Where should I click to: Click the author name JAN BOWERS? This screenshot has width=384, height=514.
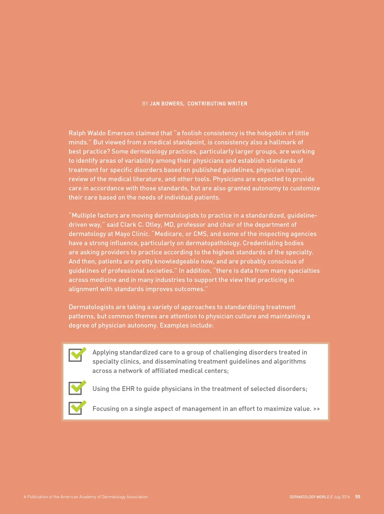coord(166,104)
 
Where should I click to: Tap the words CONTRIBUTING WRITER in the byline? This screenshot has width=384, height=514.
coord(217,104)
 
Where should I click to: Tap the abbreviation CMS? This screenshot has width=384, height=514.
coord(200,234)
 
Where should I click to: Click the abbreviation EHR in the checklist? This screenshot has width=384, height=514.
coord(128,389)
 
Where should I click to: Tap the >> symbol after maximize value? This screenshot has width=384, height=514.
coord(316,409)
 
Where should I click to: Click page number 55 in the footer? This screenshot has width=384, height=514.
coord(358,497)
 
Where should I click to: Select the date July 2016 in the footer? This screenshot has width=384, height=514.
coord(342,497)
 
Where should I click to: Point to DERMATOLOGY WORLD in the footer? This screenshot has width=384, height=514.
coord(309,497)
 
